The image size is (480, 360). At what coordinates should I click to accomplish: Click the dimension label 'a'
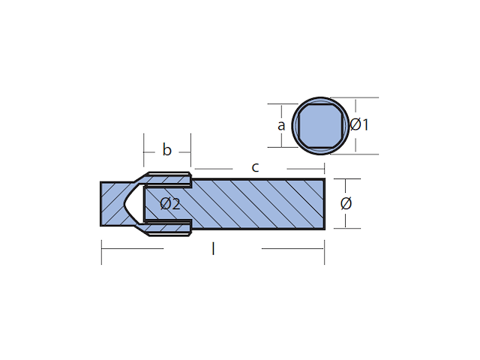pos(281,126)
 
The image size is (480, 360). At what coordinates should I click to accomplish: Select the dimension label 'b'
pos(166,150)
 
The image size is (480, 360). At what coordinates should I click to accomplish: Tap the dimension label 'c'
pos(255,167)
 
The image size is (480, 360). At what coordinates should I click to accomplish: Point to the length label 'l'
pos(213,248)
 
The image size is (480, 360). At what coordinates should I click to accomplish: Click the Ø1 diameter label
pos(359,125)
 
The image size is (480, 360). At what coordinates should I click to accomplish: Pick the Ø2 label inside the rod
pos(170,203)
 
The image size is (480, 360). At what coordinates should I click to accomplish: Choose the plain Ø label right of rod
pos(346,203)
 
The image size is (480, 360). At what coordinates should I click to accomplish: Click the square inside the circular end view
pos(320,126)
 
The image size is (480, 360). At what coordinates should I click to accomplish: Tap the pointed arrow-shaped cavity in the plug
pos(134,203)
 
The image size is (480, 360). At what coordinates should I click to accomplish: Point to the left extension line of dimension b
pos(143,150)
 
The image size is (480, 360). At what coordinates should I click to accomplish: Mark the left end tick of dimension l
pos(102,252)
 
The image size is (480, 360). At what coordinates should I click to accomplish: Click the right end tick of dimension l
pos(325,252)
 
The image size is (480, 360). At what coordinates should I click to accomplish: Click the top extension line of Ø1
pos(355,97)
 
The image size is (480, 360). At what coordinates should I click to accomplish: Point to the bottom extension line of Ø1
pos(355,154)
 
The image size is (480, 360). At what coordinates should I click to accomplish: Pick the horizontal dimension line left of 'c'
pos(214,169)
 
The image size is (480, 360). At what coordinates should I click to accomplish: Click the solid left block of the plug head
pos(112,204)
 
